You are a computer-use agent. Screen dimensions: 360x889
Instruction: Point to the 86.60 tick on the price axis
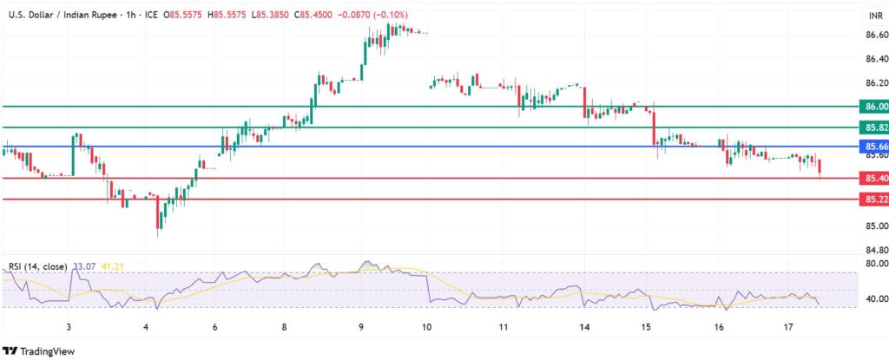pos(876,36)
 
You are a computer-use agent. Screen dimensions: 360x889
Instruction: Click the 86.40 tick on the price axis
pos(876,60)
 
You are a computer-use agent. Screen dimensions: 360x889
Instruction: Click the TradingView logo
pos(41,350)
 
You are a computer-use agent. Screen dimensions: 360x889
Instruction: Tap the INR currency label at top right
pos(875,16)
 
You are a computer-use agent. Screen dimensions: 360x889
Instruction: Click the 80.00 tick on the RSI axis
pos(876,263)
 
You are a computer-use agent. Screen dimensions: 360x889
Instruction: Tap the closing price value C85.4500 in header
pos(316,16)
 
